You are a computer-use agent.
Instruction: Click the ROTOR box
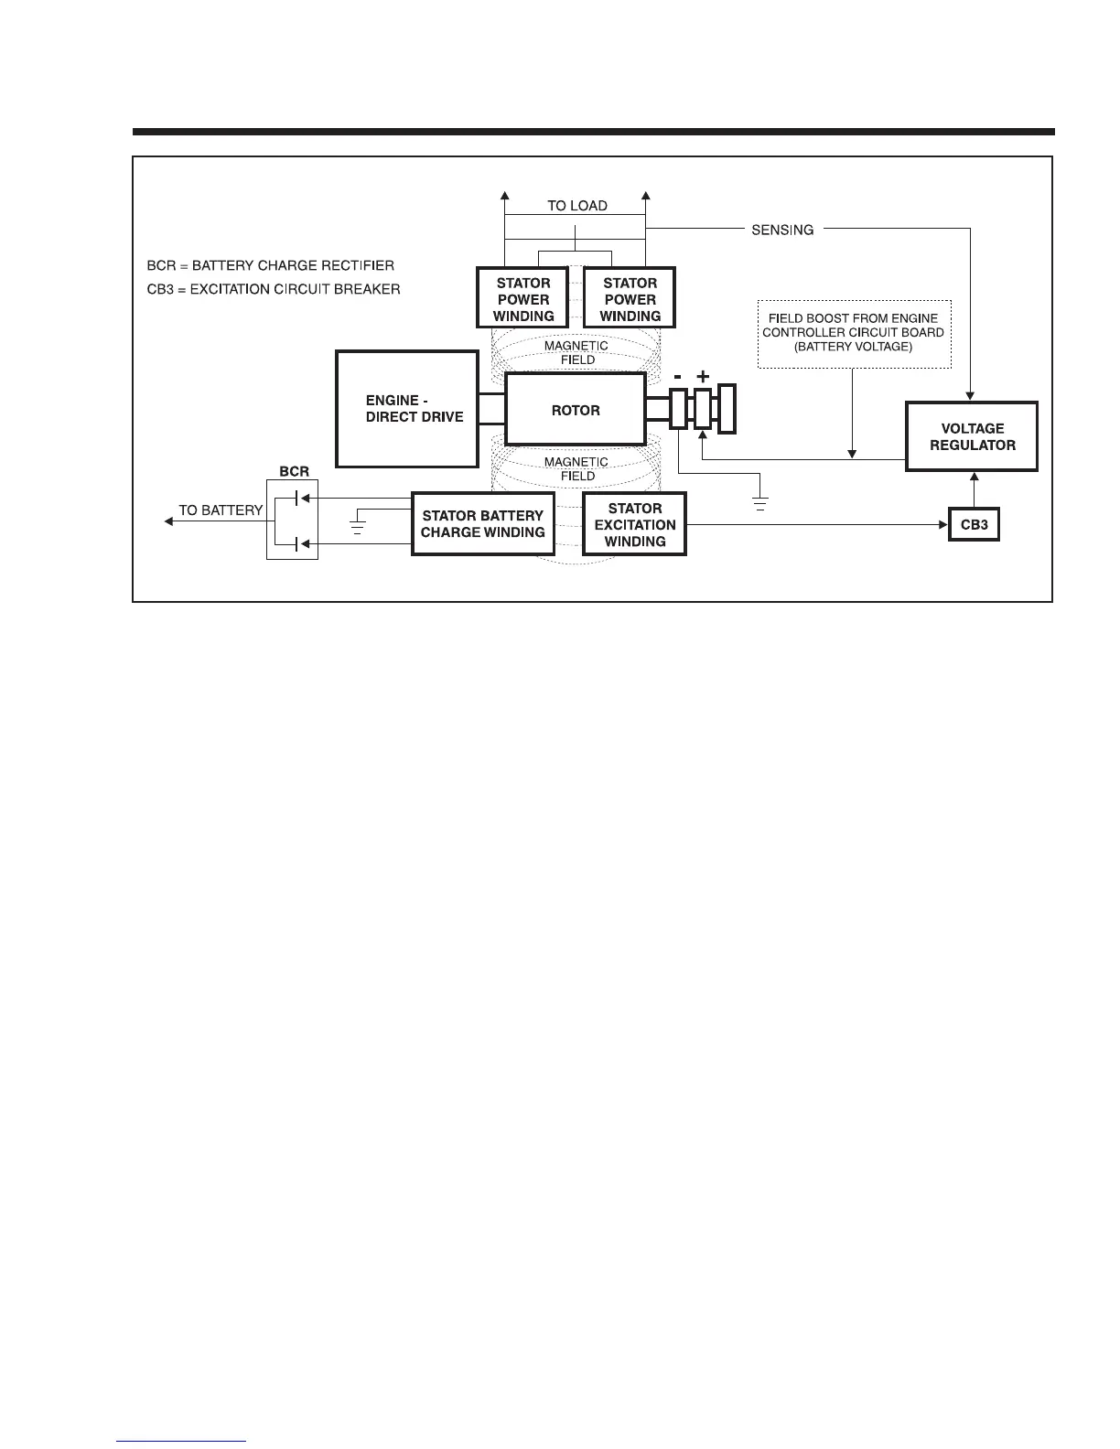pos(576,410)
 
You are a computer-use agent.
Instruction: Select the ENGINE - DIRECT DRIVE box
pos(407,409)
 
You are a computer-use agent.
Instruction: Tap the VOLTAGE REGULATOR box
pos(972,436)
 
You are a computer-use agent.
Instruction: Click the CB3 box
pos(974,525)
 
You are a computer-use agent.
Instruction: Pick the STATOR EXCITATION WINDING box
pos(634,525)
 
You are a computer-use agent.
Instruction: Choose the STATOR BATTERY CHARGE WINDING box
pos(482,524)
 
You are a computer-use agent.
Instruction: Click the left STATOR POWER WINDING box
pos(522,299)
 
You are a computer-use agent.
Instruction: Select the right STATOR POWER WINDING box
pos(630,299)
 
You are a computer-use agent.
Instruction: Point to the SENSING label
pos(782,230)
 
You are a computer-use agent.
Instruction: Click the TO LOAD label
pos(576,206)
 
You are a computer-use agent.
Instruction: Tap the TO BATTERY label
pos(221,510)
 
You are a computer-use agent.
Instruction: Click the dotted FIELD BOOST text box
pos(853,333)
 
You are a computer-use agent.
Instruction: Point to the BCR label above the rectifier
pos(294,472)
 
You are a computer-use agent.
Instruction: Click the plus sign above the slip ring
pos(703,376)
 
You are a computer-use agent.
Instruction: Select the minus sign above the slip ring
pos(678,376)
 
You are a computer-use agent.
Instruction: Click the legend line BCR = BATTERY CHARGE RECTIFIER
pos(271,266)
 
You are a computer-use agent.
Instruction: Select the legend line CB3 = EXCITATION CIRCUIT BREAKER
pos(274,289)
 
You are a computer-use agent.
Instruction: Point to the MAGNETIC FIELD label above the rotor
pos(576,352)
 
